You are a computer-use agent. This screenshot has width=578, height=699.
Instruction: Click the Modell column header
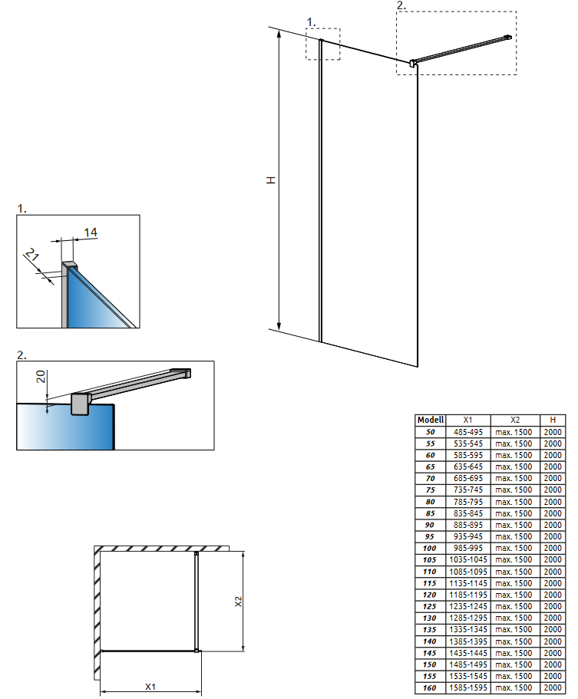click(x=430, y=420)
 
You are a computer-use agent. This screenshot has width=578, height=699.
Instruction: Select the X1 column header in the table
click(x=467, y=420)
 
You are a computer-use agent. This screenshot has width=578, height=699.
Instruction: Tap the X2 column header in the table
click(x=514, y=420)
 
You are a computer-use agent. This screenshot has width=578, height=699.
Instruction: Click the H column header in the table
click(x=553, y=420)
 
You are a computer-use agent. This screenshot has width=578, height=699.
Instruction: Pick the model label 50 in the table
click(x=430, y=432)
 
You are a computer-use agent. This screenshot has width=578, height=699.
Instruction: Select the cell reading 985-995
click(x=467, y=549)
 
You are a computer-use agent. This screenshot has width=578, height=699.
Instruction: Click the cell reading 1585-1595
click(x=467, y=688)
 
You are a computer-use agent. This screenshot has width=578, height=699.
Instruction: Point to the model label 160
click(x=430, y=688)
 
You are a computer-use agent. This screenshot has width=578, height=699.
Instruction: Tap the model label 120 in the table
click(x=430, y=595)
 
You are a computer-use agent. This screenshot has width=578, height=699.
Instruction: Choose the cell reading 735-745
click(x=467, y=490)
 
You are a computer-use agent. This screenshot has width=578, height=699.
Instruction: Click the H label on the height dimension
click(x=271, y=180)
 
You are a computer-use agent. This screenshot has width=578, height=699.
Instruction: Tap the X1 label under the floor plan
click(x=151, y=686)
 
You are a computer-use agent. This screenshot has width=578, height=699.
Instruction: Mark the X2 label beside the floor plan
click(x=238, y=602)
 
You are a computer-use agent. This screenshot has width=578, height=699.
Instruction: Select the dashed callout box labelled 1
click(x=322, y=44)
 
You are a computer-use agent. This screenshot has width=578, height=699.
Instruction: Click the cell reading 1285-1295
click(x=467, y=618)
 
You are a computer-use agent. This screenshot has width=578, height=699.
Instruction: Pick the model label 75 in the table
click(x=430, y=490)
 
